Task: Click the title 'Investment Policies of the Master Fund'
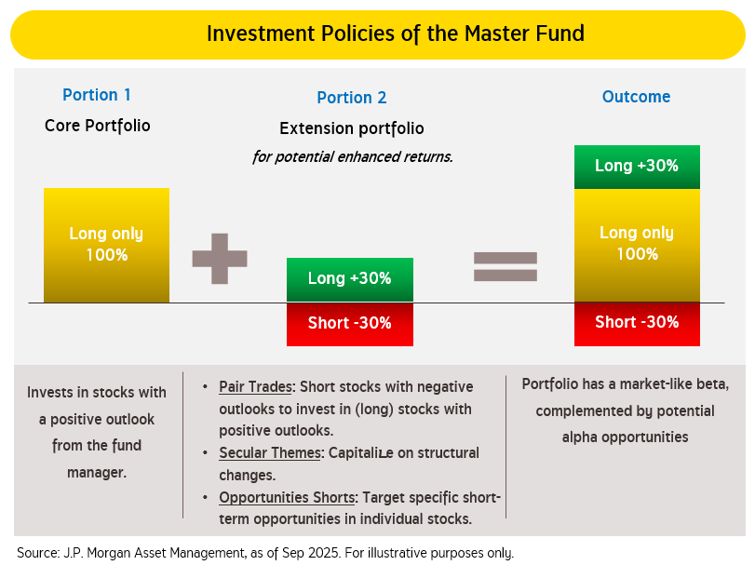click(x=395, y=34)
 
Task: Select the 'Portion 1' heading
click(x=97, y=95)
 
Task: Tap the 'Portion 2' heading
click(x=351, y=98)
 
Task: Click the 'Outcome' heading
click(x=636, y=97)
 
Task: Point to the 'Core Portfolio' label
click(x=97, y=126)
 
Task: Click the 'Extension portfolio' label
click(x=351, y=128)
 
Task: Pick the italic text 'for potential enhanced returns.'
click(x=352, y=156)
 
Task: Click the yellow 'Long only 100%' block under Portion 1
click(x=106, y=245)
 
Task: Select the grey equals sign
click(x=506, y=266)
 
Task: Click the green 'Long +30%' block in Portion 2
click(x=349, y=279)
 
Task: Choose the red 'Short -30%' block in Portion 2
click(x=349, y=324)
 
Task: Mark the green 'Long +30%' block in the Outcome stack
click(x=636, y=167)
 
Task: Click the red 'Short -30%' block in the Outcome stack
click(x=636, y=323)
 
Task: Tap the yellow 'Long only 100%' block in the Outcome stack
click(x=636, y=244)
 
